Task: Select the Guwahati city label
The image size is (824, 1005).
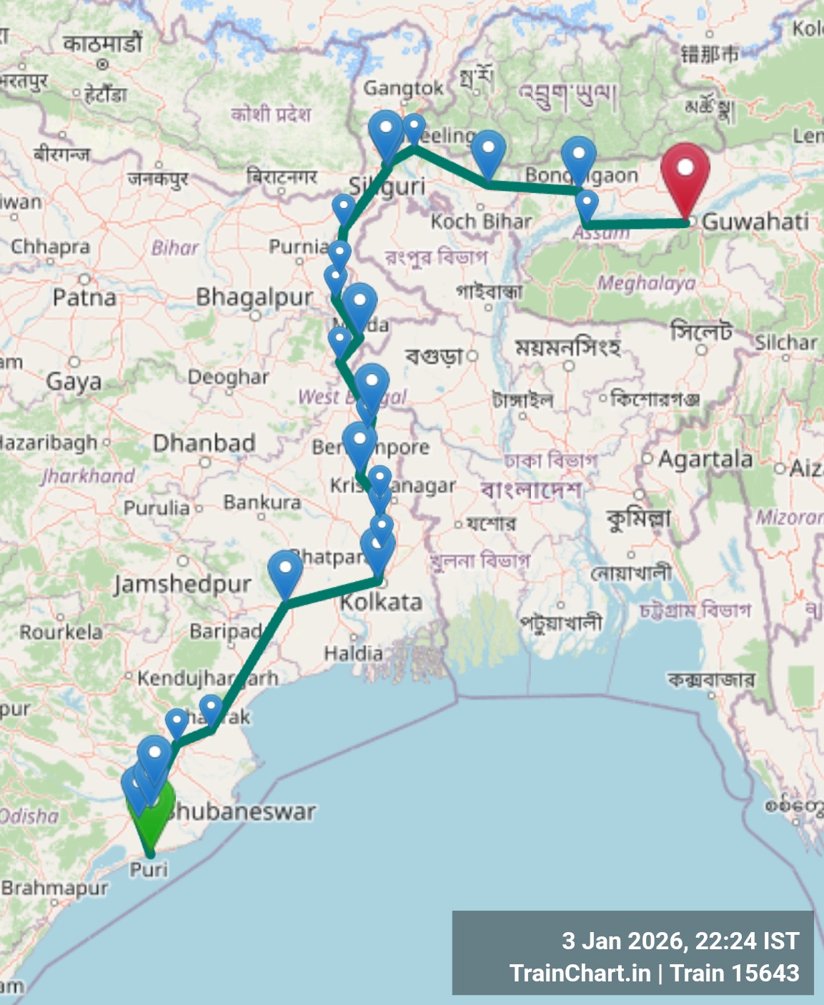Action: click(x=755, y=222)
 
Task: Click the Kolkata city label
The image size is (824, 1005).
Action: click(x=381, y=602)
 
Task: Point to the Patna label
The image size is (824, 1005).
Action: click(x=84, y=297)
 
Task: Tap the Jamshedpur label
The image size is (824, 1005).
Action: click(x=182, y=585)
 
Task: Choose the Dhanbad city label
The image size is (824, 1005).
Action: click(x=204, y=443)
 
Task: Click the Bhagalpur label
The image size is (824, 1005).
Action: click(x=254, y=296)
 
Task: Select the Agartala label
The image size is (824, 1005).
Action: click(x=705, y=459)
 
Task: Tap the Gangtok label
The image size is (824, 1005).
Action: click(x=403, y=89)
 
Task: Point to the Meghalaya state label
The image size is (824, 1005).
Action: click(x=646, y=284)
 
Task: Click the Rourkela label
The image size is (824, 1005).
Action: click(x=61, y=632)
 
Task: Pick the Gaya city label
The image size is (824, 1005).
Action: click(x=74, y=381)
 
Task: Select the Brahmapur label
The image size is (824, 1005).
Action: click(x=54, y=888)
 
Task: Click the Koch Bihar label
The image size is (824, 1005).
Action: click(x=481, y=222)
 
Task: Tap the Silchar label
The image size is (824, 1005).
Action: click(x=786, y=343)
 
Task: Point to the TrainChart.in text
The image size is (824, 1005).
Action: click(x=580, y=973)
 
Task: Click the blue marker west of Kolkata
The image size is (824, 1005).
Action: click(x=285, y=571)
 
